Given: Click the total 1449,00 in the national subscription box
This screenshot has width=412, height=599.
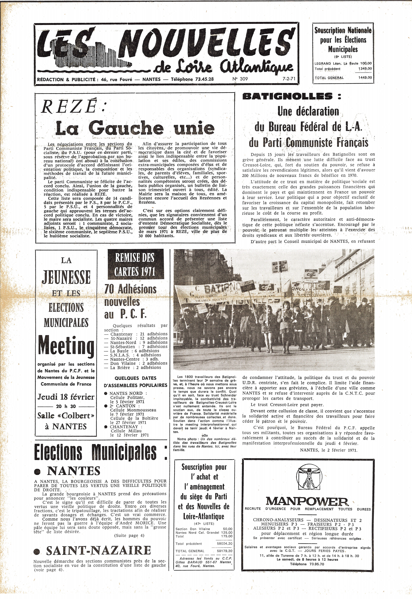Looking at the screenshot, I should [x=365, y=77].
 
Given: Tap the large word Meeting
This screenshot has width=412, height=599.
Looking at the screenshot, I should [x=66, y=346].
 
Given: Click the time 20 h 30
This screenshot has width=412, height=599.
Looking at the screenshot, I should [x=66, y=406].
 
